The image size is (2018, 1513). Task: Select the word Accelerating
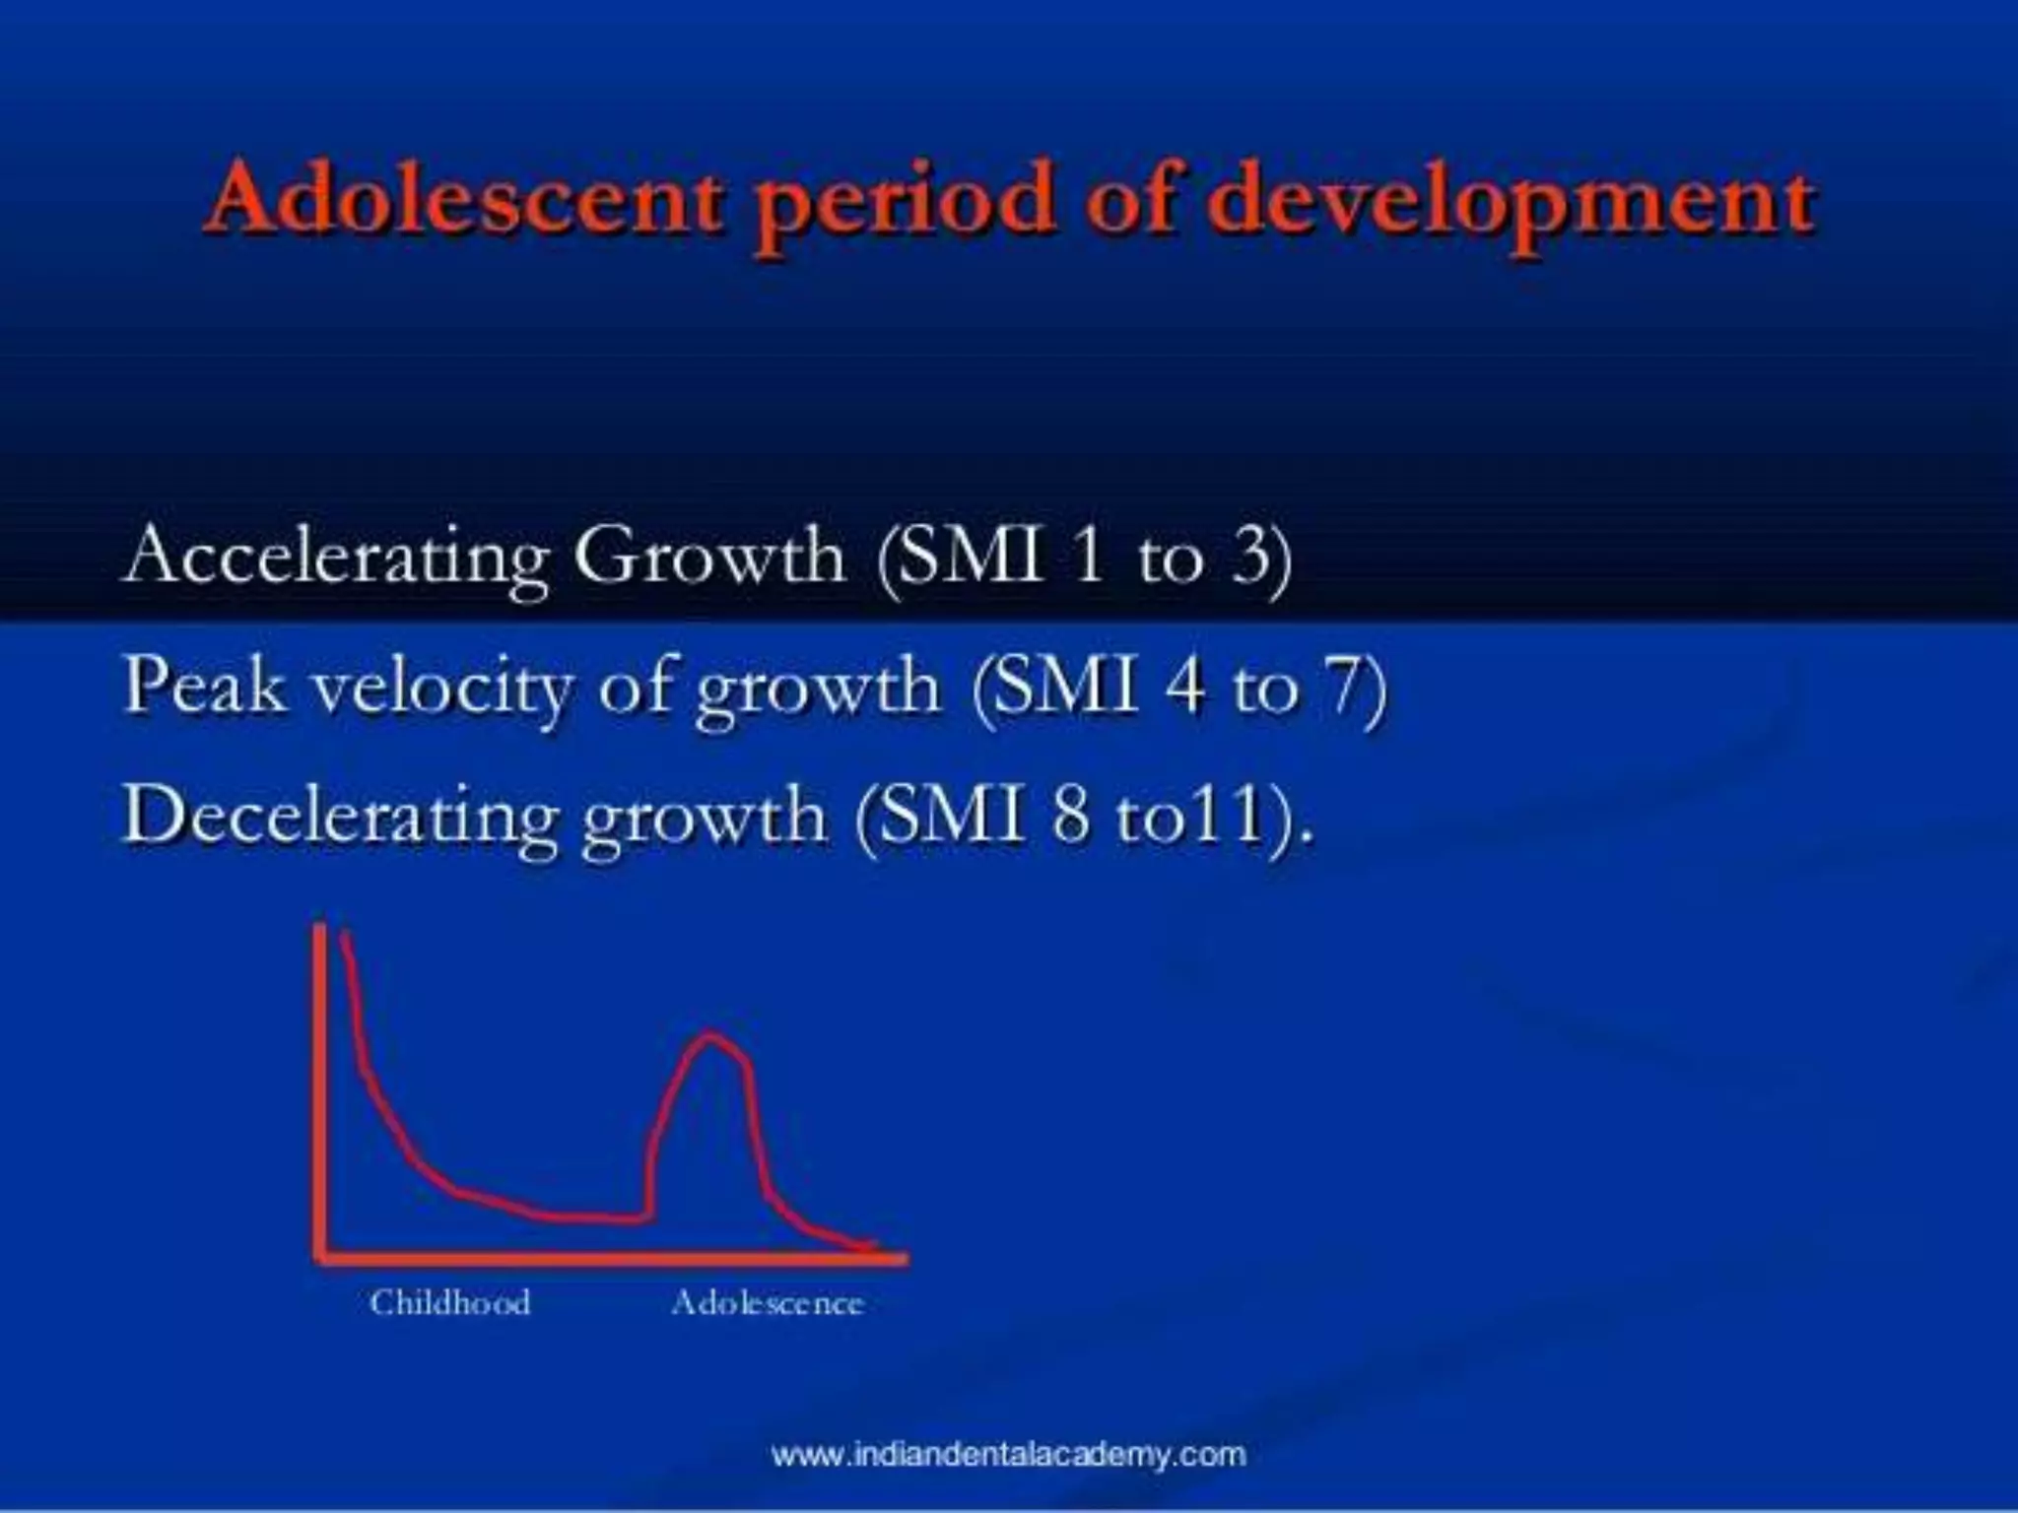pos(335,558)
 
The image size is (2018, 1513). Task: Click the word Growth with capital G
pos(709,556)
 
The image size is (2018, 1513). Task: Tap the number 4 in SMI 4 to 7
pos(1183,686)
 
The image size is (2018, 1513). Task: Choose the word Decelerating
pos(340,817)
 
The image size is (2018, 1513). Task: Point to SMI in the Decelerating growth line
pos(951,817)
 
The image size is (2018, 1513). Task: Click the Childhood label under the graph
pos(450,1303)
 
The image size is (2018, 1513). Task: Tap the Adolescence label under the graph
pos(767,1303)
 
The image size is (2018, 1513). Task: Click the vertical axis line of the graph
pos(320,1084)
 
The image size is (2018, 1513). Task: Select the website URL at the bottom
pos(1008,1455)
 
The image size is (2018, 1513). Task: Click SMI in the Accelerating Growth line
pos(971,556)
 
